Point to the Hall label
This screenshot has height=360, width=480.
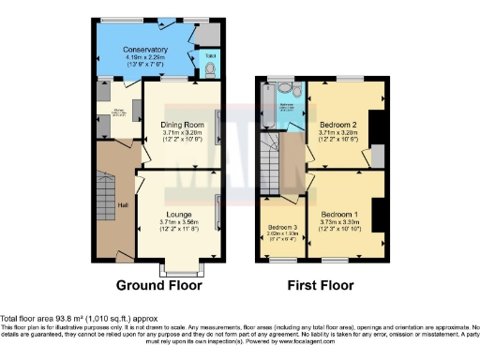coord(122,206)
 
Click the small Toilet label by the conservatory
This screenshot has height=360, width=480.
coord(210,55)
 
